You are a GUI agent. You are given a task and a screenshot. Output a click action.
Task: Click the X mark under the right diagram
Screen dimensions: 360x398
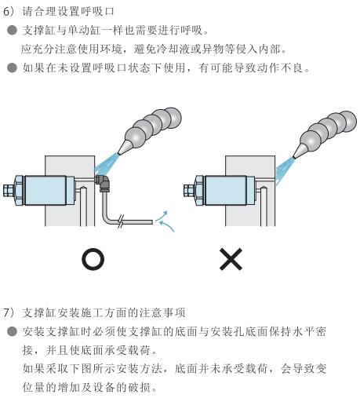click(x=231, y=259)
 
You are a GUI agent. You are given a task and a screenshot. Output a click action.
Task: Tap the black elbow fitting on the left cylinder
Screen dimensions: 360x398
click(x=103, y=181)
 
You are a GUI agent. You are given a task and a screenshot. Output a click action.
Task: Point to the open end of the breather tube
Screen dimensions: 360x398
click(x=152, y=222)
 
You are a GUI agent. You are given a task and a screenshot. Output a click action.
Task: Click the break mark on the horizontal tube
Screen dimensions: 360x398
click(x=120, y=222)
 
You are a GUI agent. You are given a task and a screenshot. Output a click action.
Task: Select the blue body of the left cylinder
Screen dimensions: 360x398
click(x=45, y=190)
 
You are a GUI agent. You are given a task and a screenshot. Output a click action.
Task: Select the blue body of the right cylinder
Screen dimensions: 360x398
click(x=226, y=190)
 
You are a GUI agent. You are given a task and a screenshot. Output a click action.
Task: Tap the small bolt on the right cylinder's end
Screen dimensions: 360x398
click(x=188, y=190)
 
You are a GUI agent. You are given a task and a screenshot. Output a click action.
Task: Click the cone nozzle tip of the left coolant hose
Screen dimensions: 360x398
click(x=118, y=154)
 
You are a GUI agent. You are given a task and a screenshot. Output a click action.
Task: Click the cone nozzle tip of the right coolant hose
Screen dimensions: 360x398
click(x=294, y=158)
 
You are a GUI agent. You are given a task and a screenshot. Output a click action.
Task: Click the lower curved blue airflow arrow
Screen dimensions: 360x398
click(x=167, y=225)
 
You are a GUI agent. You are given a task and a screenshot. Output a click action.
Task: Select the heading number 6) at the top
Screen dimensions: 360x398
click(x=10, y=12)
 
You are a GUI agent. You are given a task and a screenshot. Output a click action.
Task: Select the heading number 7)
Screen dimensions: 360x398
click(x=10, y=312)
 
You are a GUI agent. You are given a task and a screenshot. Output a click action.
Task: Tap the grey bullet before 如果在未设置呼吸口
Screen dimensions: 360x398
click(x=12, y=68)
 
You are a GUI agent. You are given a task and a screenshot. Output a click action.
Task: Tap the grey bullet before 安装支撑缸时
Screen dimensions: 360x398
click(x=12, y=331)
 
